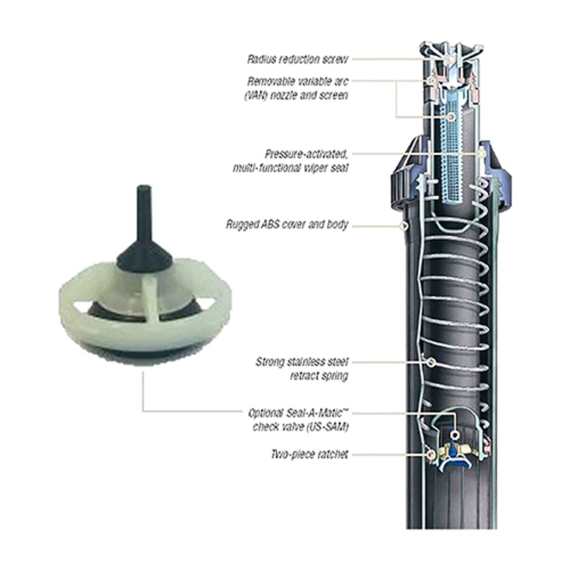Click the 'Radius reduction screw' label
298,59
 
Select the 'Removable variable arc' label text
297,81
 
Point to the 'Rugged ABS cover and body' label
287,224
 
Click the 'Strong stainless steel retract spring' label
302,369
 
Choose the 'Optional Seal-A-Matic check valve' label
298,419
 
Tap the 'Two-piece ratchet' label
309,455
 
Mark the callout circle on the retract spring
431,362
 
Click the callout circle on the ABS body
404,225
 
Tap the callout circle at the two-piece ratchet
431,455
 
